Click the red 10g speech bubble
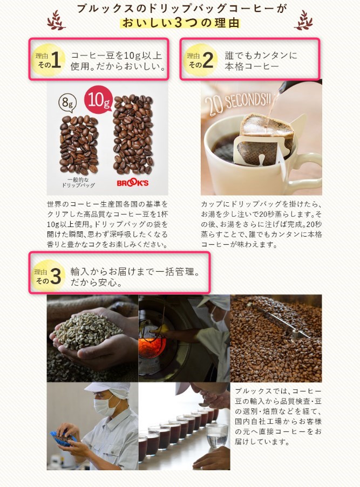pyautogui.click(x=98, y=100)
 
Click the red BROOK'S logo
pyautogui.click(x=133, y=183)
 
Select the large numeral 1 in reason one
pyautogui.click(x=56, y=60)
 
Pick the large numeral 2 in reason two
pyautogui.click(x=208, y=60)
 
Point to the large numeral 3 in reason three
pyautogui.click(x=56, y=276)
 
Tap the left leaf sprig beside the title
pyautogui.click(x=56, y=20)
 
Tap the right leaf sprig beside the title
pyautogui.click(x=304, y=20)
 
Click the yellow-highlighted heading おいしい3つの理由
pyautogui.click(x=180, y=23)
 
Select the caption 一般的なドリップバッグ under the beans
pyautogui.click(x=78, y=182)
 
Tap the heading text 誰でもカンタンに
pyautogui.click(x=261, y=56)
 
